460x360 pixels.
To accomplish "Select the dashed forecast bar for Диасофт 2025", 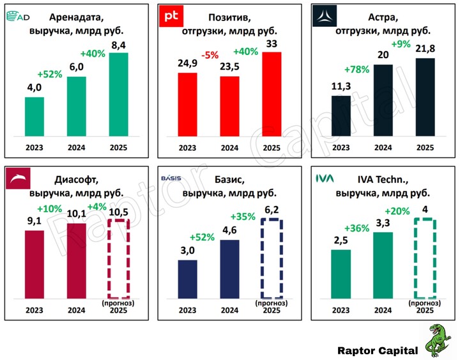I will click(118, 259).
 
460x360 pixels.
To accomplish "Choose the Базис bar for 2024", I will click(230, 269).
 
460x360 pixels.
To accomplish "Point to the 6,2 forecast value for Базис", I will click(272, 209).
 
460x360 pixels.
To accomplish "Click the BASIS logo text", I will click(171, 178).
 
